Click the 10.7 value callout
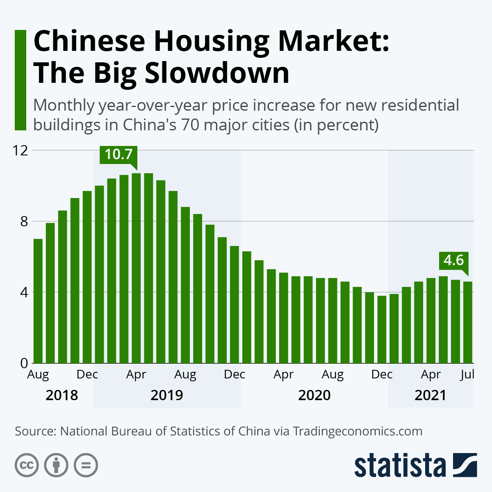118,155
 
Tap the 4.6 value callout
453,260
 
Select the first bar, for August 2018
38,301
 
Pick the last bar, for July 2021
468,322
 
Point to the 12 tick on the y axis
20,150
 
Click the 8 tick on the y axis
24,221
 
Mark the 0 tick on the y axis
24,363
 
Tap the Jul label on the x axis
467,374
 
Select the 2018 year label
62,395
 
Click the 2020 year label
314,395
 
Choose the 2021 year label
430,395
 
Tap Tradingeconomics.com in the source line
358,431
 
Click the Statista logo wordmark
400,466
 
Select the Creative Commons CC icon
27,465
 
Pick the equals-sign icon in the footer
86,465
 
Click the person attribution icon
56,465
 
